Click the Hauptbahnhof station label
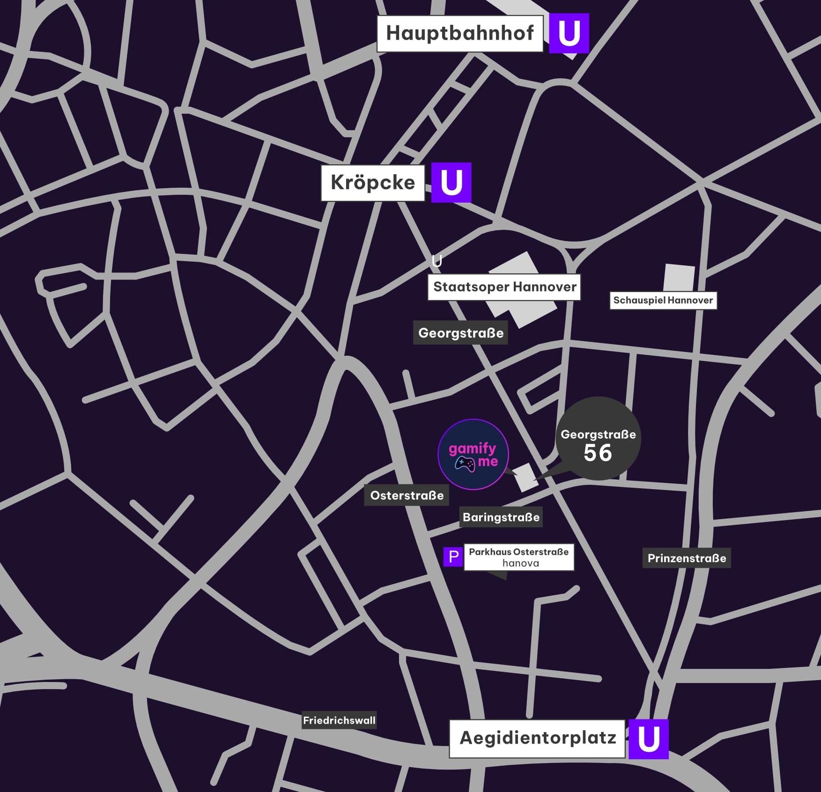pos(459,33)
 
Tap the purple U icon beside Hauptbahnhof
pos(569,33)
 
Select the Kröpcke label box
pos(372,183)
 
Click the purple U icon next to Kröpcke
pos(451,183)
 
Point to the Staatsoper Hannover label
pos(504,287)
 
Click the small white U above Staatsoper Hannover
pos(436,261)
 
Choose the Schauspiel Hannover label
pos(663,300)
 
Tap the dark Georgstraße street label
pos(460,333)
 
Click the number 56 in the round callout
pos(598,453)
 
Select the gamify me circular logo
pos(473,454)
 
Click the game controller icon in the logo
pos(465,464)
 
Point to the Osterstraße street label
pos(407,495)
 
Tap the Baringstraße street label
pos(501,517)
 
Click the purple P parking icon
pos(453,557)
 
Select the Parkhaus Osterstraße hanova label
pos(519,557)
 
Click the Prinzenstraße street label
pos(686,558)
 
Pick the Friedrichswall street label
pos(339,720)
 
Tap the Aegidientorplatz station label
pos(537,738)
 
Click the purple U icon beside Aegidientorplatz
pos(648,739)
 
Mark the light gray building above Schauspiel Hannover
pos(679,278)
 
